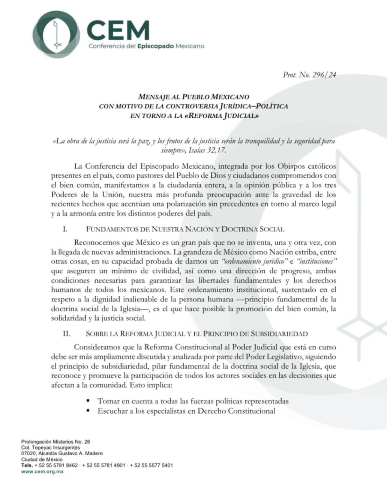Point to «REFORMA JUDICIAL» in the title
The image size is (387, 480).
point(222,116)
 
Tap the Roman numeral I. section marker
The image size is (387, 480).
point(65,229)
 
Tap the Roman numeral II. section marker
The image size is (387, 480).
point(66,333)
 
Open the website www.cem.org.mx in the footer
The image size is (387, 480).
point(42,471)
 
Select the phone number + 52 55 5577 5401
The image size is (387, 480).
point(151,465)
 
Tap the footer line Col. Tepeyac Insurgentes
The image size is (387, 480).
point(51,447)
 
